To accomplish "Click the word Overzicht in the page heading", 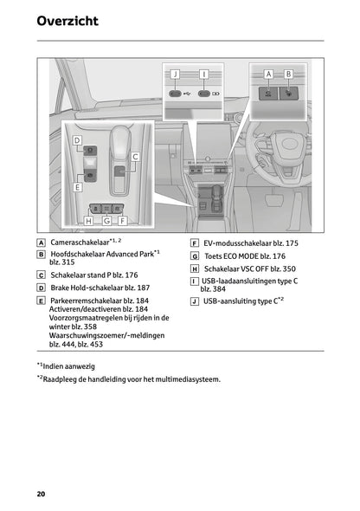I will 67,21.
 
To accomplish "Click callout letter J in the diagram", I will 175,74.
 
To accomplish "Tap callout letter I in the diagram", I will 203,74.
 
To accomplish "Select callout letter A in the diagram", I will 268,74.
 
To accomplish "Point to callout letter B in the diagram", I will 288,74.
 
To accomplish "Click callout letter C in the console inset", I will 135,156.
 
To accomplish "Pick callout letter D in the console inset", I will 77,139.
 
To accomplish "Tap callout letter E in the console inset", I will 77,186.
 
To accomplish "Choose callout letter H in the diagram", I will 88,221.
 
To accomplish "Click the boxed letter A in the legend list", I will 42,243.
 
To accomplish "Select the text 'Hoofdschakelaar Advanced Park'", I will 101,255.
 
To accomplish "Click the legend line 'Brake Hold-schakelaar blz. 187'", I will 100,287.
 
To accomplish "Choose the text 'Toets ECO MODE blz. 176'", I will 244,256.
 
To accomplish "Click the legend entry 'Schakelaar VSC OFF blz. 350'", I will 250,269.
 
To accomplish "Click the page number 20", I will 41,494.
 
